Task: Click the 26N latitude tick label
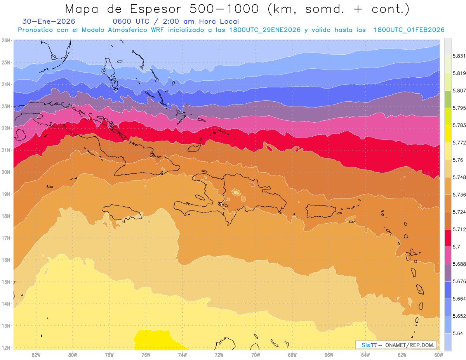coord(5,40)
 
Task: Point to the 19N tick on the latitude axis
coord(5,194)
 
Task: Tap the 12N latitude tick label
coord(5,348)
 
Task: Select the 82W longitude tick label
coord(36,354)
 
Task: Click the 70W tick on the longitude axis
coord(256,354)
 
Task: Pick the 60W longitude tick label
coord(439,354)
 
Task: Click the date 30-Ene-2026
coord(49,21)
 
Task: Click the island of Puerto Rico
coord(320,211)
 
